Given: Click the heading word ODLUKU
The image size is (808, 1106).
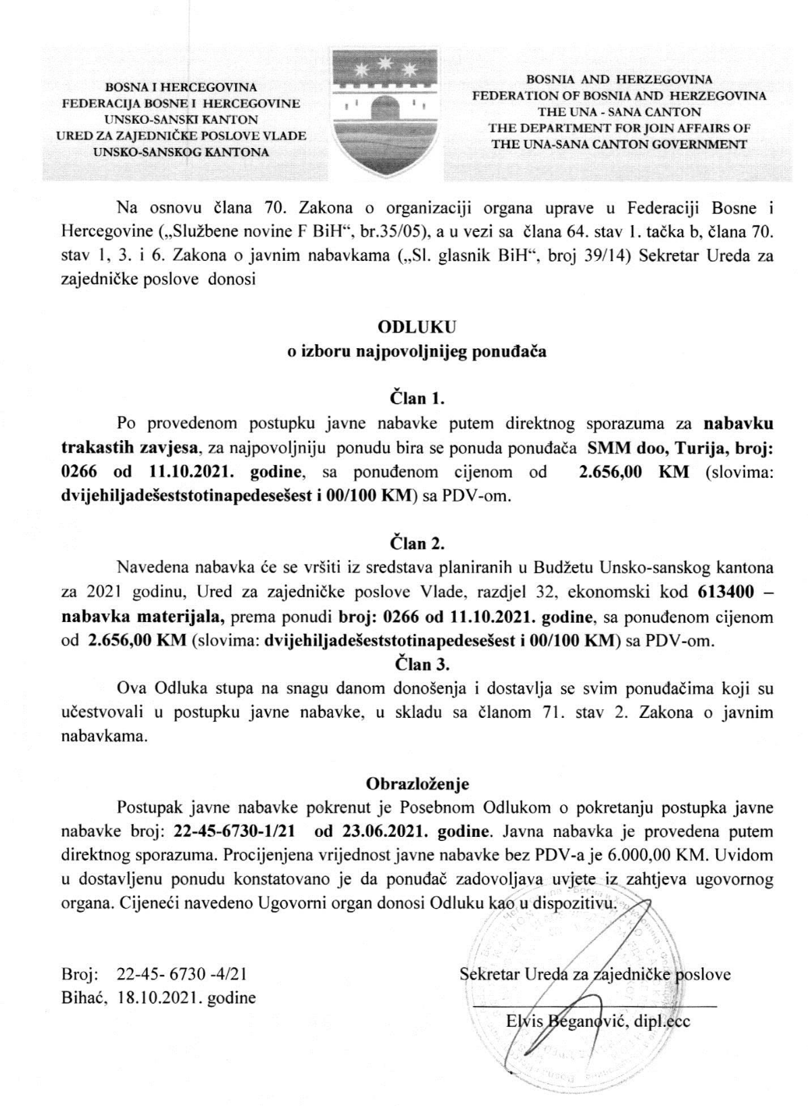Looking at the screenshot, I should [418, 327].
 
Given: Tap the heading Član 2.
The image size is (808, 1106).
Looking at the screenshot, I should [417, 543].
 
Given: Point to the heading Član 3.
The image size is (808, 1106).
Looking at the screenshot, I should [417, 664].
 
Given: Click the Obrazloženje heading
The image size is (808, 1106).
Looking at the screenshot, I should [417, 784].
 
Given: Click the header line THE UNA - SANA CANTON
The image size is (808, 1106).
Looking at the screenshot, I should [619, 112].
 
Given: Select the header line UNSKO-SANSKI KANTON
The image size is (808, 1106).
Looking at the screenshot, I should [180, 120].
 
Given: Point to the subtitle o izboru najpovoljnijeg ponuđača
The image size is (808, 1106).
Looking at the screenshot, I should [417, 352].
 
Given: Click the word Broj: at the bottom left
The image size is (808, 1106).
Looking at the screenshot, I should [80, 975].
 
